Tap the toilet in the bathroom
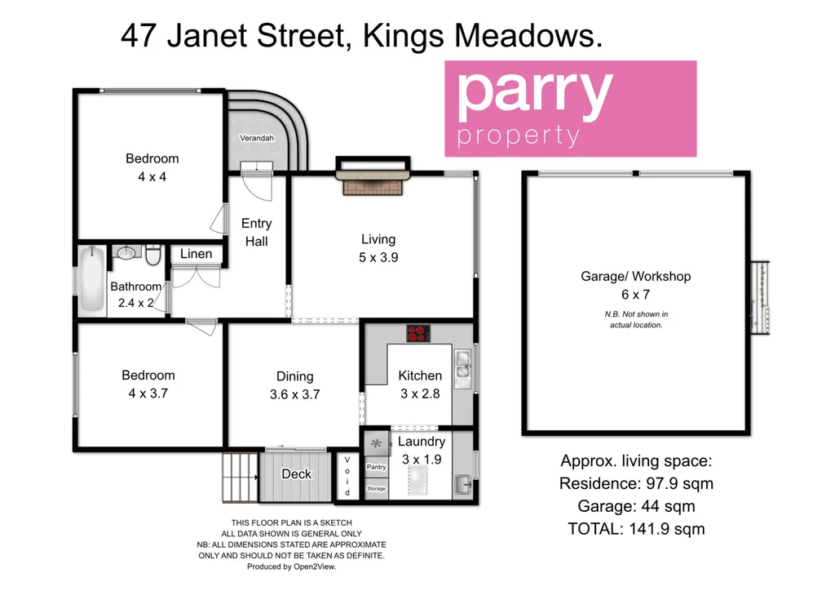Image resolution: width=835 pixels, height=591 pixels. pyautogui.click(x=152, y=257)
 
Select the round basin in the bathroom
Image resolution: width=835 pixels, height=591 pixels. pyautogui.click(x=126, y=254)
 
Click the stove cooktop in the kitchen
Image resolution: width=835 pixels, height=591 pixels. pyautogui.click(x=417, y=333)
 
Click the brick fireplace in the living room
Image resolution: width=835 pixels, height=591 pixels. pyautogui.click(x=373, y=186)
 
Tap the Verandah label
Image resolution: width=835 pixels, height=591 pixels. pyautogui.click(x=256, y=139)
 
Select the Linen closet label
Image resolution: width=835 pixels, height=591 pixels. pyautogui.click(x=196, y=254)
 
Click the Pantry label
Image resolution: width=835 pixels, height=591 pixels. pyautogui.click(x=377, y=467)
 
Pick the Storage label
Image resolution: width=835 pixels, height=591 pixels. pyautogui.click(x=377, y=488)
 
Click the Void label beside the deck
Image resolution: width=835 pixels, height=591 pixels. pyautogui.click(x=347, y=477)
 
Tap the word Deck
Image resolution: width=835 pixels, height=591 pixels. pyautogui.click(x=296, y=474)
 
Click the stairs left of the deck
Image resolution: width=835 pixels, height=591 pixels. pyautogui.click(x=240, y=478)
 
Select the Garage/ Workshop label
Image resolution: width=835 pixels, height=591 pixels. pyautogui.click(x=635, y=277)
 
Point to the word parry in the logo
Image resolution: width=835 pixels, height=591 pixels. pyautogui.click(x=534, y=94)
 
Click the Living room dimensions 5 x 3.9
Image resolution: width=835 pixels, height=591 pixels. pyautogui.click(x=378, y=257)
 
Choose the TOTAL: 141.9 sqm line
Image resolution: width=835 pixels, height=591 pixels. pyautogui.click(x=636, y=529)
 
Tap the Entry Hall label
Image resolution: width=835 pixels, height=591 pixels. pyautogui.click(x=257, y=232)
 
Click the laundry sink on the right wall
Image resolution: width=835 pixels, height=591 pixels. pyautogui.click(x=462, y=482)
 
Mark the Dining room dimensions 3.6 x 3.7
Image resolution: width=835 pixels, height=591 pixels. pyautogui.click(x=294, y=394)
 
